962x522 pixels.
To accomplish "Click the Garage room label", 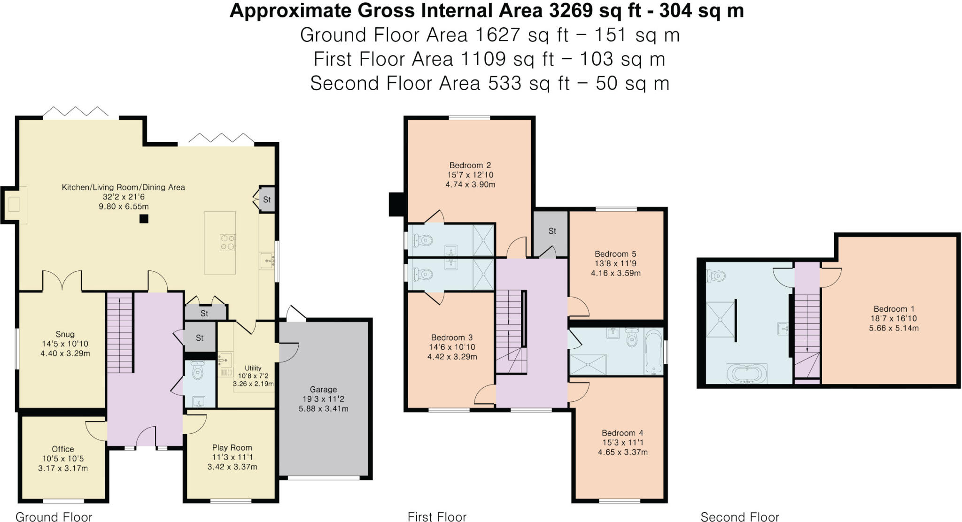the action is pos(323,389).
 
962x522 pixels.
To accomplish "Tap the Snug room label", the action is pos(65,334).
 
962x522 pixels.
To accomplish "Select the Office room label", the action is pos(63,449).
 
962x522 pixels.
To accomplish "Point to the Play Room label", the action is pos(232,448).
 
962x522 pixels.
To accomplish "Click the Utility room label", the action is pos(253,368).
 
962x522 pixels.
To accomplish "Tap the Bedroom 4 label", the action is pos(622,433).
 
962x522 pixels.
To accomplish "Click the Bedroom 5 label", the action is pos(615,254).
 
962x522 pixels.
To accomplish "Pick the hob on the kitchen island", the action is pos(228,242).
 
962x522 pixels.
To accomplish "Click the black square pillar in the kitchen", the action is pos(144,219).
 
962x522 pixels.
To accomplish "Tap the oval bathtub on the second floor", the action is pos(746,375).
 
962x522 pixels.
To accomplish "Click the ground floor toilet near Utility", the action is pos(198,371).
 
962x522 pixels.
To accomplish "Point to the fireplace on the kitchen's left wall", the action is pos(14,205).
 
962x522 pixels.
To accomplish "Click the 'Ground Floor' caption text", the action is pos(54,517).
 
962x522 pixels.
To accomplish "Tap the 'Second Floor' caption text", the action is pos(740,517).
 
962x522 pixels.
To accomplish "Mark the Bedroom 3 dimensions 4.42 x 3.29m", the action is pos(452,357).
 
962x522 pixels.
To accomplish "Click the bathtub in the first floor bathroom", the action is pos(653,352).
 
